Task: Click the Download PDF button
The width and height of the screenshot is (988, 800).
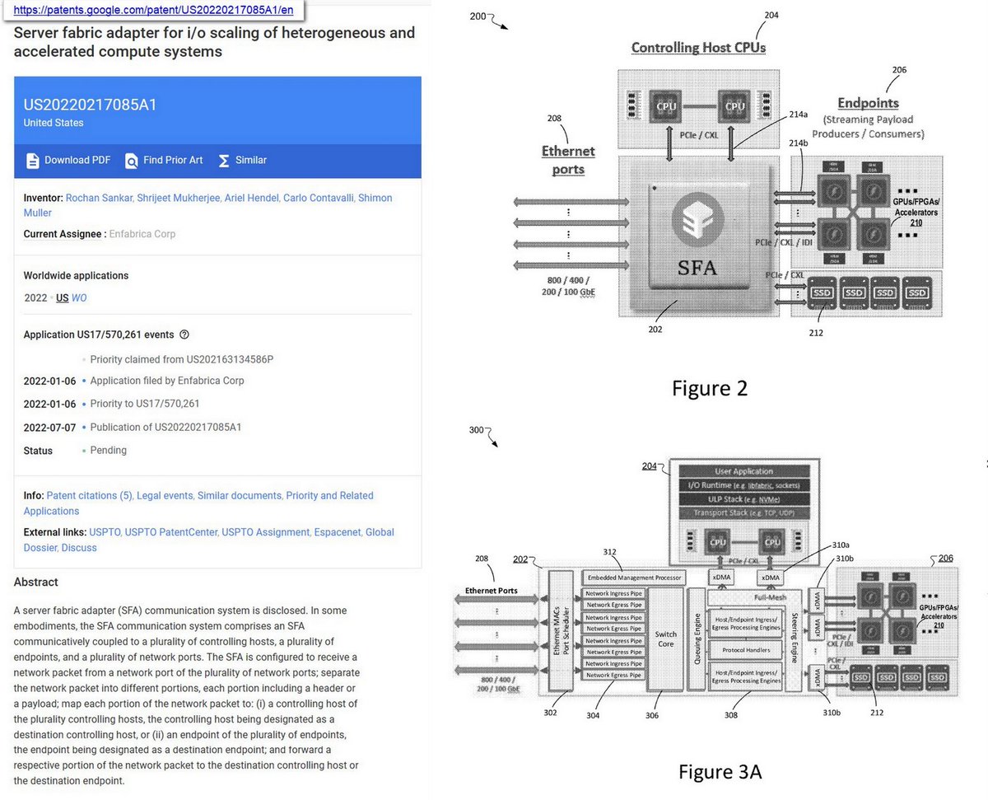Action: coord(68,160)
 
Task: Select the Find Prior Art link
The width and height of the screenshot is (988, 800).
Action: coord(164,160)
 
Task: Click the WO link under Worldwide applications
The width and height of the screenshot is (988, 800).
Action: coord(79,297)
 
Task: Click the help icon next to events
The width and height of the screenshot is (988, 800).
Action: coord(184,335)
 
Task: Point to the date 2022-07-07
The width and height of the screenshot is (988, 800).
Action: coord(49,428)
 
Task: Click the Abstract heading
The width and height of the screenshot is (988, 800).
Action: coord(36,582)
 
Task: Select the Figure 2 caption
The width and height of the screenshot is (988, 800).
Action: coord(709,388)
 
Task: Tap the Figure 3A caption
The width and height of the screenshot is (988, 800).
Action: coord(720,771)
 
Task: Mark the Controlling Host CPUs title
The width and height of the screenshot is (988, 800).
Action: coord(698,48)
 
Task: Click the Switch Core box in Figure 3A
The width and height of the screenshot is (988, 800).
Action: coord(665,639)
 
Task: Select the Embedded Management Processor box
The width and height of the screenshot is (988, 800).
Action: coord(633,578)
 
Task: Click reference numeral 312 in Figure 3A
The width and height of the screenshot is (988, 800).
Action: coord(609,552)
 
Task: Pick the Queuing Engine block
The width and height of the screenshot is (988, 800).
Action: coord(696,639)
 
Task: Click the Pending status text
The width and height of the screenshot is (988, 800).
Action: coord(109,451)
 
